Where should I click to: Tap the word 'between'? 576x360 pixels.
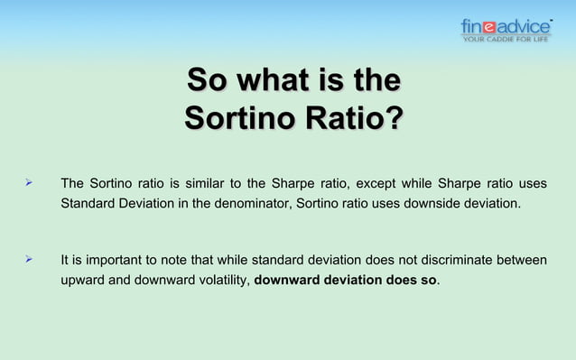(x=522, y=261)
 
